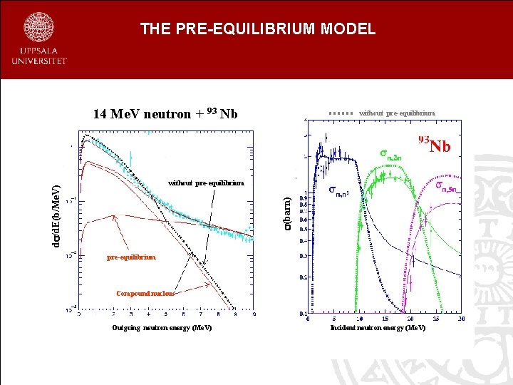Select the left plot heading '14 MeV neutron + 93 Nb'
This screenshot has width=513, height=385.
pyautogui.click(x=165, y=114)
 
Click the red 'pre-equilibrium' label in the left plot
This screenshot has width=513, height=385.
pyautogui.click(x=131, y=257)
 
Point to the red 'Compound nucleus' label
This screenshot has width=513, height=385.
pyautogui.click(x=145, y=293)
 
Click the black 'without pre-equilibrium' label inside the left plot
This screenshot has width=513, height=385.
pyautogui.click(x=206, y=183)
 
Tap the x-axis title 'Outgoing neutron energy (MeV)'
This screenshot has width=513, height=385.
pyautogui.click(x=162, y=328)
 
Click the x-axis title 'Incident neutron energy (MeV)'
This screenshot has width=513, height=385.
pyautogui.click(x=378, y=328)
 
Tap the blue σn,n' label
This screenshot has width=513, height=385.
pyautogui.click(x=339, y=191)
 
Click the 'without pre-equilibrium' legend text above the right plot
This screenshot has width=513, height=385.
pyautogui.click(x=397, y=113)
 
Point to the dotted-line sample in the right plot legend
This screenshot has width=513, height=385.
pyautogui.click(x=341, y=113)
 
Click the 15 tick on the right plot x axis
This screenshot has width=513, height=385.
pyautogui.click(x=385, y=319)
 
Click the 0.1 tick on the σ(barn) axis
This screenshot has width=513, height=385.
pyautogui.click(x=304, y=313)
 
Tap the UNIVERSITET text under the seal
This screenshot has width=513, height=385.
pyautogui.click(x=39, y=61)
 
